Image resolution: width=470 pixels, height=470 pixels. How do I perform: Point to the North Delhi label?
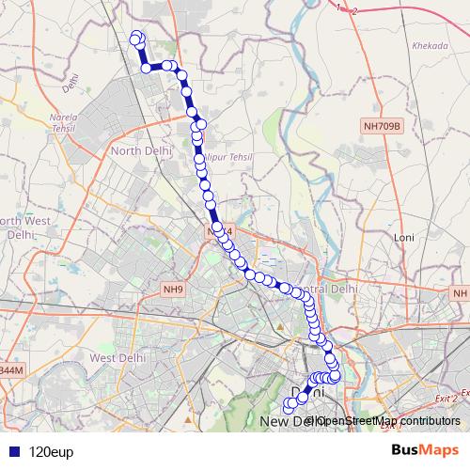[x=138, y=150]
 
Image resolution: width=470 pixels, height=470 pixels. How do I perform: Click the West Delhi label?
[x=114, y=358]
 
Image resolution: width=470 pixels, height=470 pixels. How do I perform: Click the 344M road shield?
[x=9, y=371]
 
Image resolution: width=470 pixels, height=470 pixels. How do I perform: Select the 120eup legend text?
[x=52, y=451]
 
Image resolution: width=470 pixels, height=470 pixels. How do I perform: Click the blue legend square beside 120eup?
[x=17, y=451]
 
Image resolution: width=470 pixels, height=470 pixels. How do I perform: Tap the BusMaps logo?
[x=426, y=450]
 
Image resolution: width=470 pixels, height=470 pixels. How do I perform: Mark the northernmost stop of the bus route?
[x=136, y=36]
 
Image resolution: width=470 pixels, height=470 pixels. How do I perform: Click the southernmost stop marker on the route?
[x=289, y=406]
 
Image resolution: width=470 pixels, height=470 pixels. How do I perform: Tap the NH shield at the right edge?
[x=460, y=294]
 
